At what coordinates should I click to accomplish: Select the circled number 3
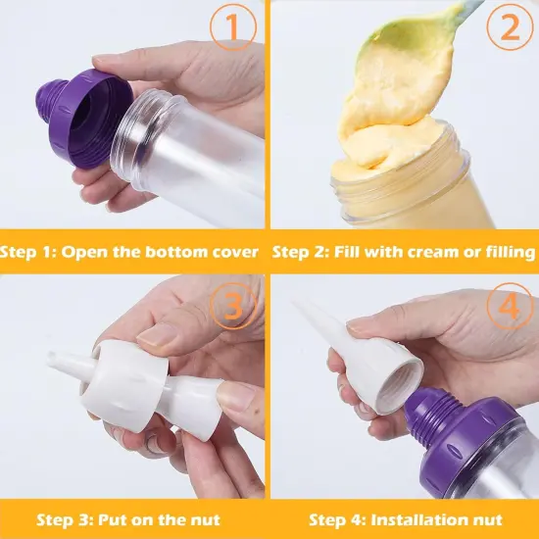(x=231, y=308)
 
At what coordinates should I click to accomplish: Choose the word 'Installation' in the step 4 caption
(x=415, y=519)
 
